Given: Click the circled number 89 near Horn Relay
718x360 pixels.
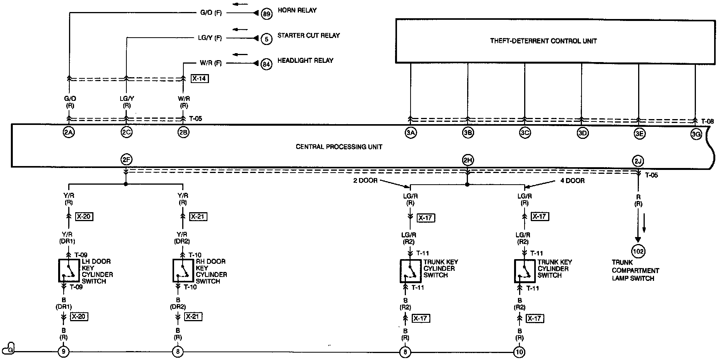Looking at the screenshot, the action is point(266,14).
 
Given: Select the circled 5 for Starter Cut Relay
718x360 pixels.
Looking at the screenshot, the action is point(266,39).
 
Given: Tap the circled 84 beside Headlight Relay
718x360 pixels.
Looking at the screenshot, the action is point(266,64).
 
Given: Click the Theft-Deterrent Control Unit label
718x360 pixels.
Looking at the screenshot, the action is point(543,41).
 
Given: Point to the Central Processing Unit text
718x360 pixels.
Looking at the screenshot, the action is point(339,147).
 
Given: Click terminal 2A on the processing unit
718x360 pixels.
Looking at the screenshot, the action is point(69,132).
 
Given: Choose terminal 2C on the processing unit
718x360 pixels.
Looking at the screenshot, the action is point(126,132).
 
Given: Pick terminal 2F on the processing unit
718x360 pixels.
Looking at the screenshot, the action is point(126,159).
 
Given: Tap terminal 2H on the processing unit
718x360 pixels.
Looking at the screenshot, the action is point(468,159).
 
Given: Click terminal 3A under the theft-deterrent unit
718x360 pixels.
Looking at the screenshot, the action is point(411,133).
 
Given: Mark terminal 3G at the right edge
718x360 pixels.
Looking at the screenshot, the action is point(696,135).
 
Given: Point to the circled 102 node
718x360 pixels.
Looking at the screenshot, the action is point(638,251).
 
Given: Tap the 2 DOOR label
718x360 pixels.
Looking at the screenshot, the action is point(365,180).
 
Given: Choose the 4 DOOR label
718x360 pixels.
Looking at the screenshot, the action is point(573,180).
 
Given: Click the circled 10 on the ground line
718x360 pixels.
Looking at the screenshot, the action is point(519,352).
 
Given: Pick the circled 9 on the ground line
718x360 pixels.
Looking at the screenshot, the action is point(63,352).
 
